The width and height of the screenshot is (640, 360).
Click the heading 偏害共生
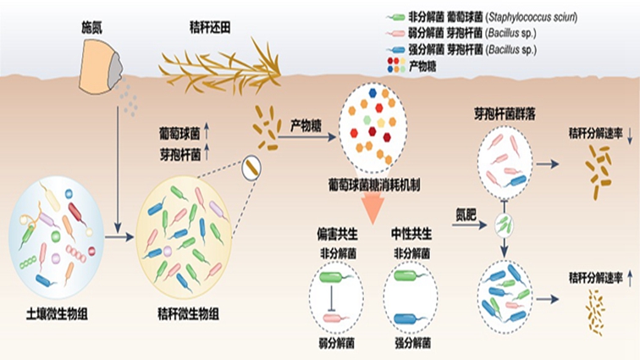click(x=336, y=232)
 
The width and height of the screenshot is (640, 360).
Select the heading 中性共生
click(x=412, y=232)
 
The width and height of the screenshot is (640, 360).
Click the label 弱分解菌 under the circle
click(x=336, y=343)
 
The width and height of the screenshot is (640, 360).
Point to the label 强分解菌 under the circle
click(x=412, y=343)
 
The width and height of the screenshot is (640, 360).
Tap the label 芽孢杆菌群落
click(x=505, y=114)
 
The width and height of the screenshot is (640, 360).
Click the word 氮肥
click(x=466, y=212)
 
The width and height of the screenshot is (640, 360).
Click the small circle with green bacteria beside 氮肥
click(x=505, y=224)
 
